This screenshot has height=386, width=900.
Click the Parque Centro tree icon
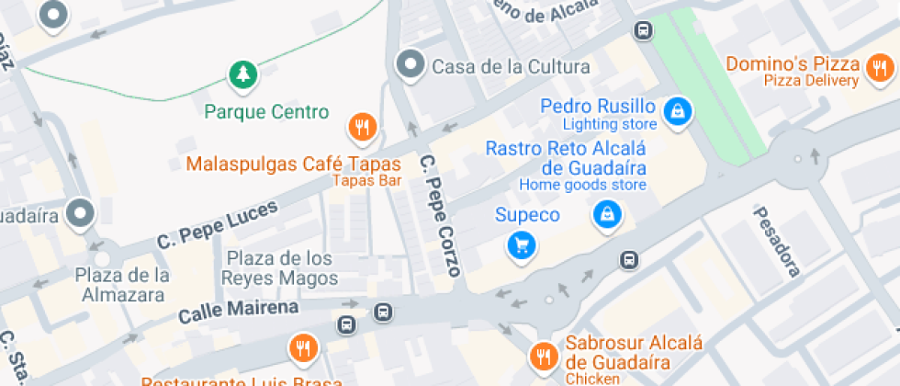click(243, 75)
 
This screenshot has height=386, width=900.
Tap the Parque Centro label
click(266, 112)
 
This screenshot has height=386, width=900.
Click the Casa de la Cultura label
click(511, 66)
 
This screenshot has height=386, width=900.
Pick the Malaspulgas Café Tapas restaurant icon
click(364, 127)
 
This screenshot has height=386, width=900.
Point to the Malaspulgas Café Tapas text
click(294, 165)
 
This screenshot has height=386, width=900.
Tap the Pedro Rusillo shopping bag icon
click(678, 111)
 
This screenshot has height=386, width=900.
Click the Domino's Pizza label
click(792, 64)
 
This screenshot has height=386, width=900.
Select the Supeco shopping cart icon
click(522, 244)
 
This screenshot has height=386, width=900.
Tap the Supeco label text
click(527, 216)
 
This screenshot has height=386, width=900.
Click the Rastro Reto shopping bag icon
click(606, 215)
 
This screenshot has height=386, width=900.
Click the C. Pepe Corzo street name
click(441, 214)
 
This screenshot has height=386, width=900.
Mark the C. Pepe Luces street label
click(217, 226)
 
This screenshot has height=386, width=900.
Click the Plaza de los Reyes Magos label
click(279, 267)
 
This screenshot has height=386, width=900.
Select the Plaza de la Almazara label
click(121, 285)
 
